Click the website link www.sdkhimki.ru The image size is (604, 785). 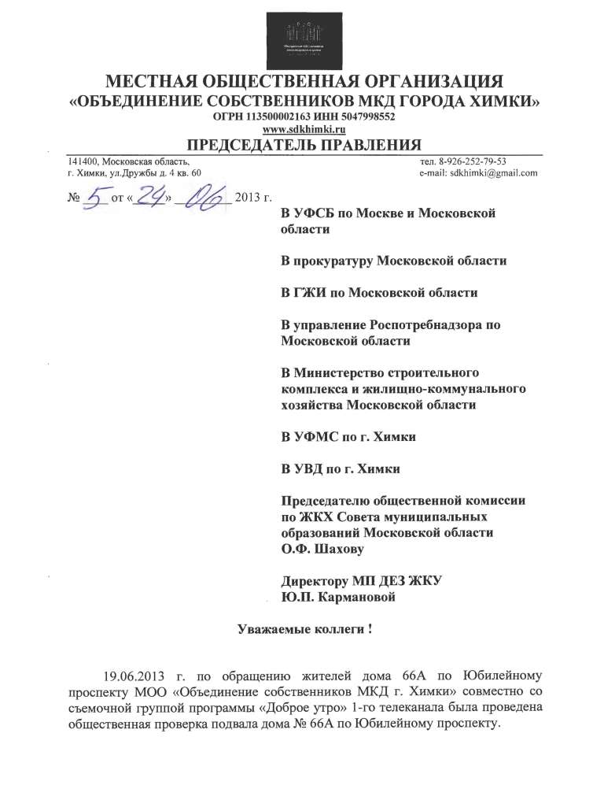302,128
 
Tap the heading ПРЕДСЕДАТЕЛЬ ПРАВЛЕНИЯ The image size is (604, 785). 303,144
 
